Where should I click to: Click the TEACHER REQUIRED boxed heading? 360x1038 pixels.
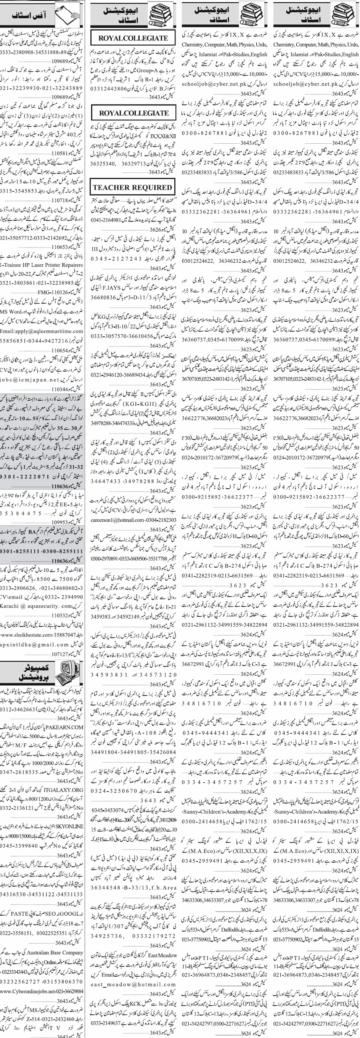click(x=132, y=188)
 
